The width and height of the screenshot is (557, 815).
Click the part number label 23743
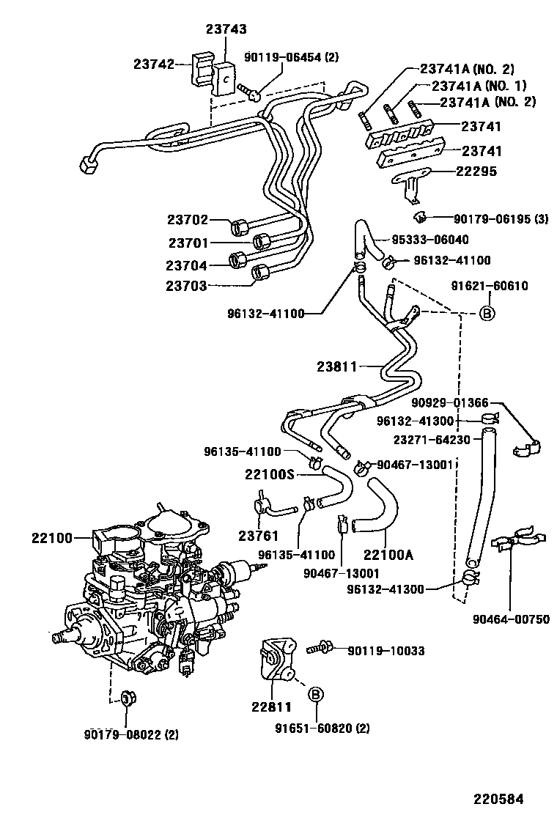click(x=226, y=29)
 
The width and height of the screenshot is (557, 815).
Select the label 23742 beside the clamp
click(x=153, y=64)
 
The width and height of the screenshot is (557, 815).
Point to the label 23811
click(x=338, y=364)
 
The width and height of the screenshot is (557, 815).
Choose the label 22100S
click(x=269, y=475)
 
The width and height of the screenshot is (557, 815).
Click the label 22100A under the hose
click(x=389, y=555)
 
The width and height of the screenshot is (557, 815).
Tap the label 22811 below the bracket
click(x=271, y=707)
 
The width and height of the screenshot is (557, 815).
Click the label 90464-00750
click(x=511, y=619)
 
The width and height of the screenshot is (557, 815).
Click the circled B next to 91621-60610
click(x=487, y=314)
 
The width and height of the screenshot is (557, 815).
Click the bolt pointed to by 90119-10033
click(x=320, y=648)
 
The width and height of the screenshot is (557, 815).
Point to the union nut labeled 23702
click(x=240, y=224)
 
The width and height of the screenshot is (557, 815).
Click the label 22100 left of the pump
click(x=51, y=537)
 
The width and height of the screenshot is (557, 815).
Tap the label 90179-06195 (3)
click(x=499, y=218)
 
